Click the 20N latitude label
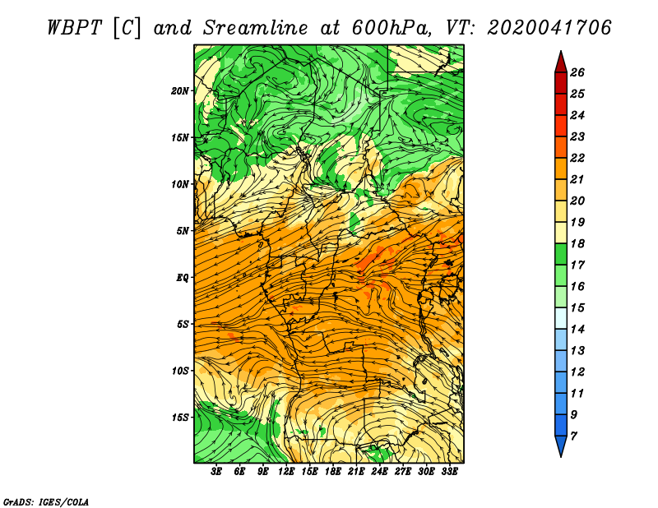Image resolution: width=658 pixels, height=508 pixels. pos(179,91)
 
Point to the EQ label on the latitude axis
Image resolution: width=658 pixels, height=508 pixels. pos(182,278)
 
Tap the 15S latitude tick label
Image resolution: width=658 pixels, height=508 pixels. pos(179,418)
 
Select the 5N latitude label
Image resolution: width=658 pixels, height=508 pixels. pos(182,231)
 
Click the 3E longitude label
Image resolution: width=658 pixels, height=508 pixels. pos(216,472)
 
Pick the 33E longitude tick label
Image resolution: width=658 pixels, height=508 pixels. pos(449,472)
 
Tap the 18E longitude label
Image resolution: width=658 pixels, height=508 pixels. pos(333,472)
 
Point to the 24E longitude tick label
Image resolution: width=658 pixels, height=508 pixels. pos(379,472)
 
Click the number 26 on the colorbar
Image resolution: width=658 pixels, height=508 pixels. pos(577,72)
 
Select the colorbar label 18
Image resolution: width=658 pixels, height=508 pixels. pos(577,243)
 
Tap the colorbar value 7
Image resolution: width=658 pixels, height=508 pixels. pos(573,436)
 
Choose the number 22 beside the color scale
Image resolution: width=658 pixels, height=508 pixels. pos(577,158)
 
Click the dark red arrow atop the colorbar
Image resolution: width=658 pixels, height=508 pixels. pos(561,62)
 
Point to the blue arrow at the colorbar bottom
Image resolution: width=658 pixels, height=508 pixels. pos(561,446)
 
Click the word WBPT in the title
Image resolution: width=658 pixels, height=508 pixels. pos(74,28)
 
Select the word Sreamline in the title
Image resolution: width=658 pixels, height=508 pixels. pos(256,28)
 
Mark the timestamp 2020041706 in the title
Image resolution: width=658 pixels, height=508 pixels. pos(549,28)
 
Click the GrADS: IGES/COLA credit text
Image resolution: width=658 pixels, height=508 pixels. pos(46,502)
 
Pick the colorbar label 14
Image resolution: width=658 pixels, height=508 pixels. pos(577,330)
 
